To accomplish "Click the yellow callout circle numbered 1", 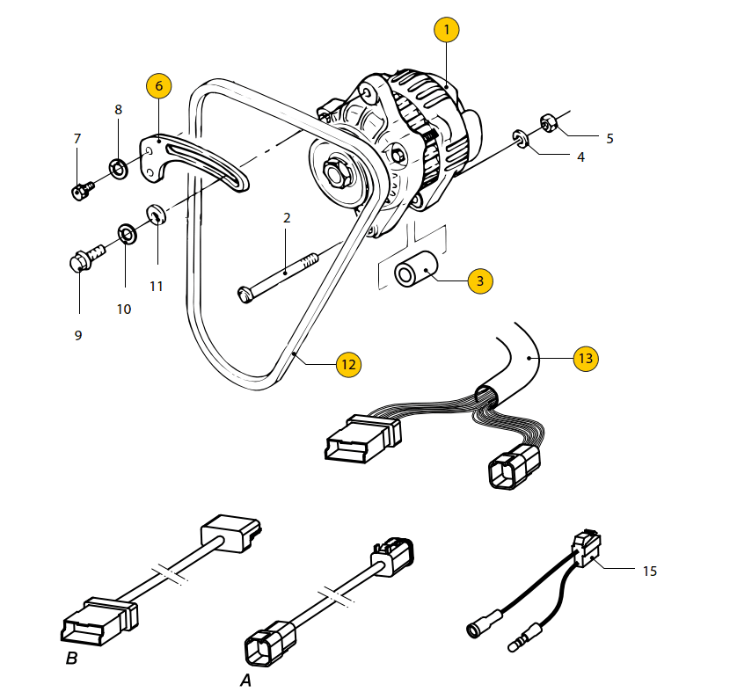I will (446, 31).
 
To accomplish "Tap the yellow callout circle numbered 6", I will (158, 86).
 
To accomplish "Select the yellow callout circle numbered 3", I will (479, 281).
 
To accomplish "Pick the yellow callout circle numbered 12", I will (349, 363).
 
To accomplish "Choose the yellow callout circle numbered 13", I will (586, 358).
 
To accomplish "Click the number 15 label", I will (649, 572).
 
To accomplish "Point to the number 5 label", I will (610, 139).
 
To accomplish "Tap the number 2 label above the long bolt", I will (287, 217).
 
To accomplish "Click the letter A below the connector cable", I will (245, 680).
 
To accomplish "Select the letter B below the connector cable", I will (71, 658).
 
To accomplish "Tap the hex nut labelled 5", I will (546, 123).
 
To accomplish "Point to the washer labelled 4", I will (521, 139).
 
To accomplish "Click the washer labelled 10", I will (126, 235).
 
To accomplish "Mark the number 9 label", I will (78, 335).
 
